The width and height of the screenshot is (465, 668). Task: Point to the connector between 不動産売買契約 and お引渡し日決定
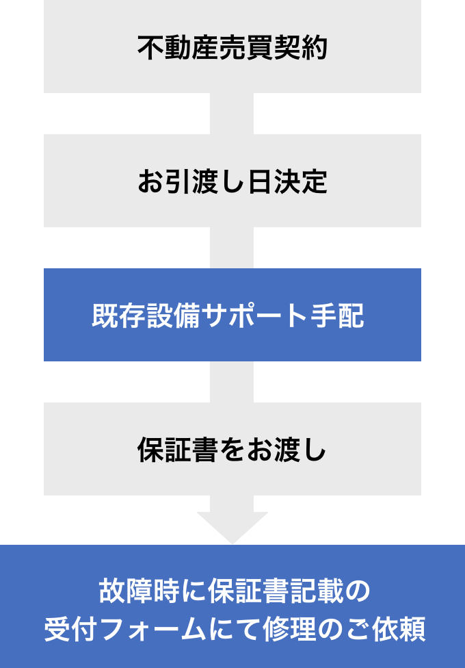(232, 114)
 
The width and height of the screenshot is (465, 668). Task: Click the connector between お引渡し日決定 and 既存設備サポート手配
(232, 248)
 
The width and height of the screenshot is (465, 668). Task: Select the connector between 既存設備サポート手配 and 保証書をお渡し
(232, 382)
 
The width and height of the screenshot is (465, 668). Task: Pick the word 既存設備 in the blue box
(146, 316)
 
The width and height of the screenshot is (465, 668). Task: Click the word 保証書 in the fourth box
(178, 450)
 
